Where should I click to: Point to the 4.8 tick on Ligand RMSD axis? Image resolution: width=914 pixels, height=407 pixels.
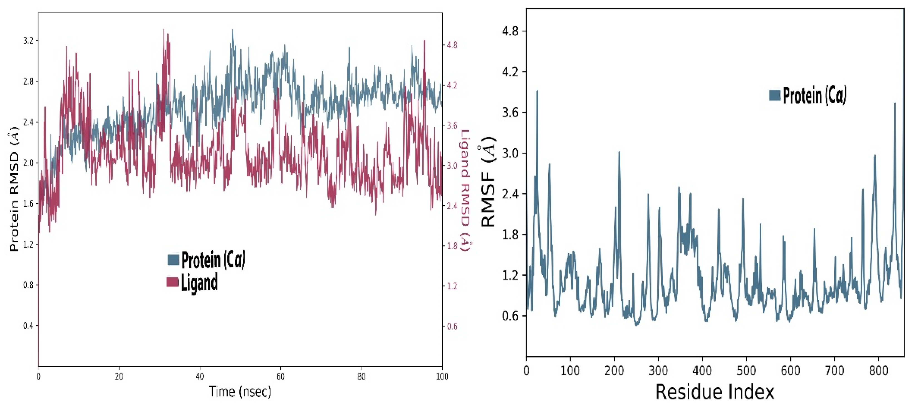click(452, 45)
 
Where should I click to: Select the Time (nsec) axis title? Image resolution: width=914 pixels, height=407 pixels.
click(240, 392)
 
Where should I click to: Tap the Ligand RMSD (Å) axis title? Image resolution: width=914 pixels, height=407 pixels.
click(465, 190)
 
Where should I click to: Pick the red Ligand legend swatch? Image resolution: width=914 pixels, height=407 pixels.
click(172, 282)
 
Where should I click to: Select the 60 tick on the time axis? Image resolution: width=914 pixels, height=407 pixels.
click(281, 376)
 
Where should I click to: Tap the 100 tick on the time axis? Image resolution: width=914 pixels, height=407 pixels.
click(442, 376)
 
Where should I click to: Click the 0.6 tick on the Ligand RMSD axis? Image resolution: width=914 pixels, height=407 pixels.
click(452, 326)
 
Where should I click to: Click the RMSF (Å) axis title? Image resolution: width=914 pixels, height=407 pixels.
click(489, 182)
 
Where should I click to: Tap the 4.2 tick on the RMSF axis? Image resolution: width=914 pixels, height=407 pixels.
click(510, 72)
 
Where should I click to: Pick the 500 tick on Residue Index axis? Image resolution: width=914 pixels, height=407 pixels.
click(746, 371)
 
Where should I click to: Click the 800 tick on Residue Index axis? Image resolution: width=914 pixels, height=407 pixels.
click(878, 371)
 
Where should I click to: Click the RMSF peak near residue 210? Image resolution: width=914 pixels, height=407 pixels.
click(619, 152)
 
